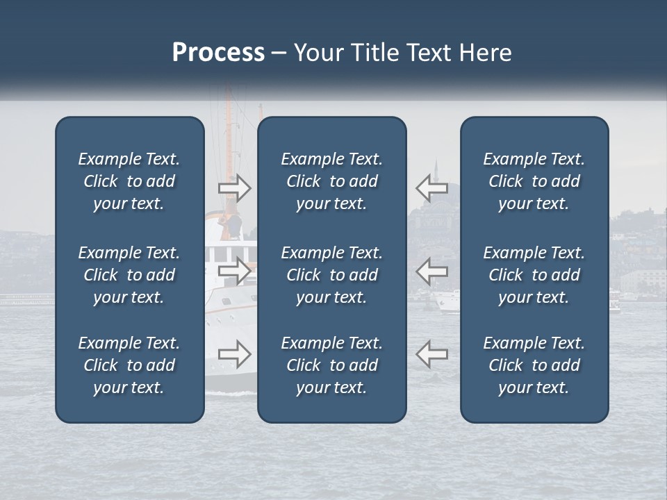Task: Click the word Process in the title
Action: pos(218,53)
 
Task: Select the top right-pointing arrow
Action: pos(234,187)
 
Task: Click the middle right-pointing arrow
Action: pos(234,270)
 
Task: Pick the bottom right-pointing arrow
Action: pos(234,353)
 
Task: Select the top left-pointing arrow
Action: pos(431,187)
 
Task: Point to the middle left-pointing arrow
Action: pos(431,270)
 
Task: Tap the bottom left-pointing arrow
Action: pos(431,353)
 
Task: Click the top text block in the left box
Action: pos(129,181)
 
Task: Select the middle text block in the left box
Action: pos(129,275)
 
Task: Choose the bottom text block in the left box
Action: pos(129,365)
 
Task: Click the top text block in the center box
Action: pos(331,181)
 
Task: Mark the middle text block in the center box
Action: pos(331,275)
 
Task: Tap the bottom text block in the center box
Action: pos(331,365)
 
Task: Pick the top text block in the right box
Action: pos(534,181)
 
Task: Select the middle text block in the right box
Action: pos(534,275)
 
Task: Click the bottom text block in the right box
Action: pos(534,365)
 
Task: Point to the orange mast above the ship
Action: pos(261,111)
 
